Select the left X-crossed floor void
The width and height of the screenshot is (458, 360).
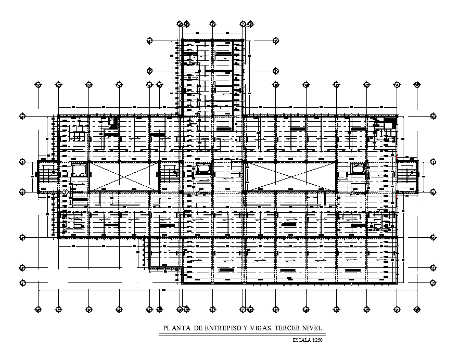pos(124,176)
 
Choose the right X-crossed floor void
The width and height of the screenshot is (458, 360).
pos(290,176)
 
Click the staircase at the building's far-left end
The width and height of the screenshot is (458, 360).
pos(47,176)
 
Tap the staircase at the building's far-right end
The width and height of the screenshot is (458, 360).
pos(408,176)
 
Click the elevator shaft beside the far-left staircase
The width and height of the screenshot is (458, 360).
pos(80,171)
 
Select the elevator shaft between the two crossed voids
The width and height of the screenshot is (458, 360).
pos(203,169)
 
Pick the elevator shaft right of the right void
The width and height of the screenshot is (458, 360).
pos(358,169)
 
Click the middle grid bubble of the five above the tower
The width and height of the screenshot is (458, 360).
pos(213,24)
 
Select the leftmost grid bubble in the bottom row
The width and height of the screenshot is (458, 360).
pos(38,310)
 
